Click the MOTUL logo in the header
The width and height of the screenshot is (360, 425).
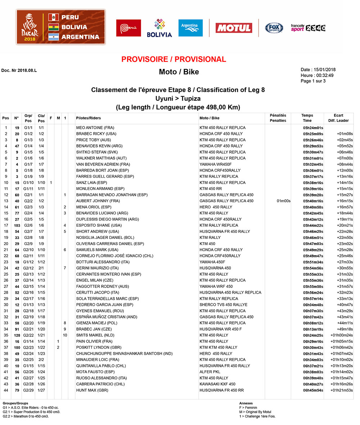click(x=234, y=28)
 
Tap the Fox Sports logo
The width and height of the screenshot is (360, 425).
click(x=274, y=28)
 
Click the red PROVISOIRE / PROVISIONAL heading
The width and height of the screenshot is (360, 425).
click(x=174, y=59)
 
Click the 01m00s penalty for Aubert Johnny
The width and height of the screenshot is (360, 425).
click(x=283, y=201)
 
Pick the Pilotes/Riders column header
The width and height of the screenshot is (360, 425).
click(x=89, y=118)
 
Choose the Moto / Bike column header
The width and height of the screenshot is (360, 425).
click(x=209, y=118)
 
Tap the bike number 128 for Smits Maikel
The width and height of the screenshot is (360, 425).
click(x=17, y=335)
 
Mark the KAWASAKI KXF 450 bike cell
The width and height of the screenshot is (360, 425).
click(x=217, y=384)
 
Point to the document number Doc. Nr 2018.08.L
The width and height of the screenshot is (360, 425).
click(x=19, y=71)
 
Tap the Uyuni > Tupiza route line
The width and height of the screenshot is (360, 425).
click(x=178, y=98)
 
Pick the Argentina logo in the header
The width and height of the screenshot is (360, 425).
click(x=190, y=28)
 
